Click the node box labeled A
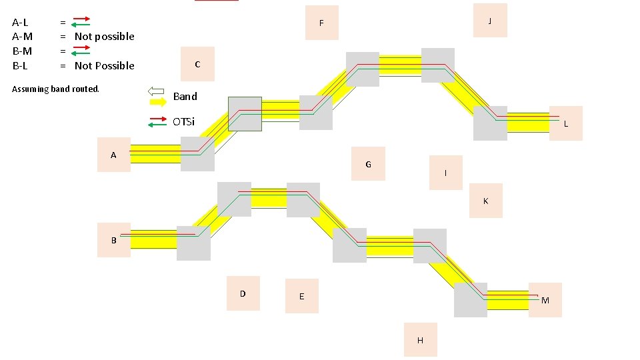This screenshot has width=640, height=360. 113,155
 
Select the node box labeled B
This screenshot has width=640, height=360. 113,240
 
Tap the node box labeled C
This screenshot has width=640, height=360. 197,64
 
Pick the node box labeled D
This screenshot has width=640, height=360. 243,293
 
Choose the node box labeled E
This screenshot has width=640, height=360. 301,296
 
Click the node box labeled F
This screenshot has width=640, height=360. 321,23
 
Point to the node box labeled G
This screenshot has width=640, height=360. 369,164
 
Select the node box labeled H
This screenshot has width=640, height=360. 420,339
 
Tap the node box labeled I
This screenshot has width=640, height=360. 446,173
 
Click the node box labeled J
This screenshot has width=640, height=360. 490,21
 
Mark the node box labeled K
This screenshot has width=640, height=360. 485,201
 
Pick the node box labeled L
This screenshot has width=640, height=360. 565,123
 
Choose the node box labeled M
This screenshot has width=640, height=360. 545,300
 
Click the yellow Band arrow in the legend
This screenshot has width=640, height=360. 158,102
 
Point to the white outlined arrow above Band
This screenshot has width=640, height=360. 156,91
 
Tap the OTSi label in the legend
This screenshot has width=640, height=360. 184,121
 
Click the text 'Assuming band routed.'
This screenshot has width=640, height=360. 55,89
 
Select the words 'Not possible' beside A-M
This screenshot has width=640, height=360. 104,37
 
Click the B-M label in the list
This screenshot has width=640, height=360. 22,51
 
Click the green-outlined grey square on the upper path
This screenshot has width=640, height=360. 245,114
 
